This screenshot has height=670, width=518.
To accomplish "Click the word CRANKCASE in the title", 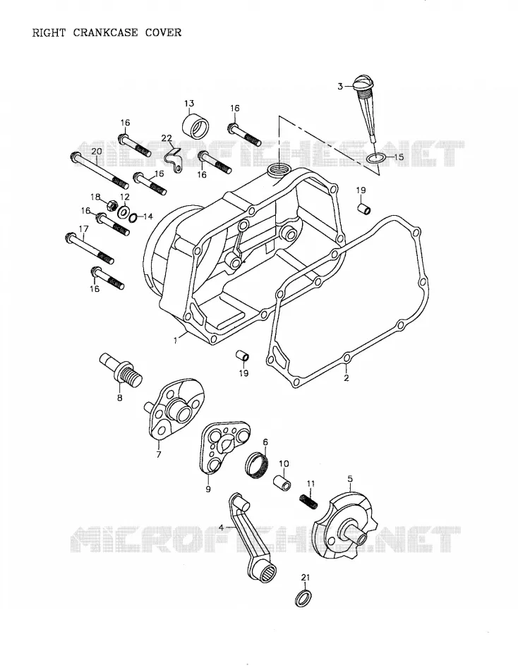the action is tap(106, 32).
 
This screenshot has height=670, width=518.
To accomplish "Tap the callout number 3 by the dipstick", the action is tap(340, 86).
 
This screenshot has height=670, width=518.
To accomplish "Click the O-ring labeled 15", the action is tap(376, 159).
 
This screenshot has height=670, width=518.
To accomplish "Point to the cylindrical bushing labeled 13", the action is tap(196, 124).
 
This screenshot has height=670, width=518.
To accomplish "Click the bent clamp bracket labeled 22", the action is tap(174, 159).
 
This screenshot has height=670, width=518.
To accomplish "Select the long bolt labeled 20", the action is tap(99, 171).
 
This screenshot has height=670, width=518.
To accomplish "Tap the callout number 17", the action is tap(83, 229).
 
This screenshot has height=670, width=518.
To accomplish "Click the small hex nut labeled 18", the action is tap(113, 205).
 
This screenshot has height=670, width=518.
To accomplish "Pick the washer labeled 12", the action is tap(124, 212).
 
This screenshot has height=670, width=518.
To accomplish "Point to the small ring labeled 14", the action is tap(133, 218).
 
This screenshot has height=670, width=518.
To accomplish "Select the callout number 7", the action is tap(159, 455).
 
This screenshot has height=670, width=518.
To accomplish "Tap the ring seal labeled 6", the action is tap(258, 463).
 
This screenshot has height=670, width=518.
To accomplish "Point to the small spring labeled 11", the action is tap(308, 501).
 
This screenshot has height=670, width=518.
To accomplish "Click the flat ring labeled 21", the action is tap(303, 598).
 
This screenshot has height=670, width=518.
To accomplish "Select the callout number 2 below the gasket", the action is tap(347, 378).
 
